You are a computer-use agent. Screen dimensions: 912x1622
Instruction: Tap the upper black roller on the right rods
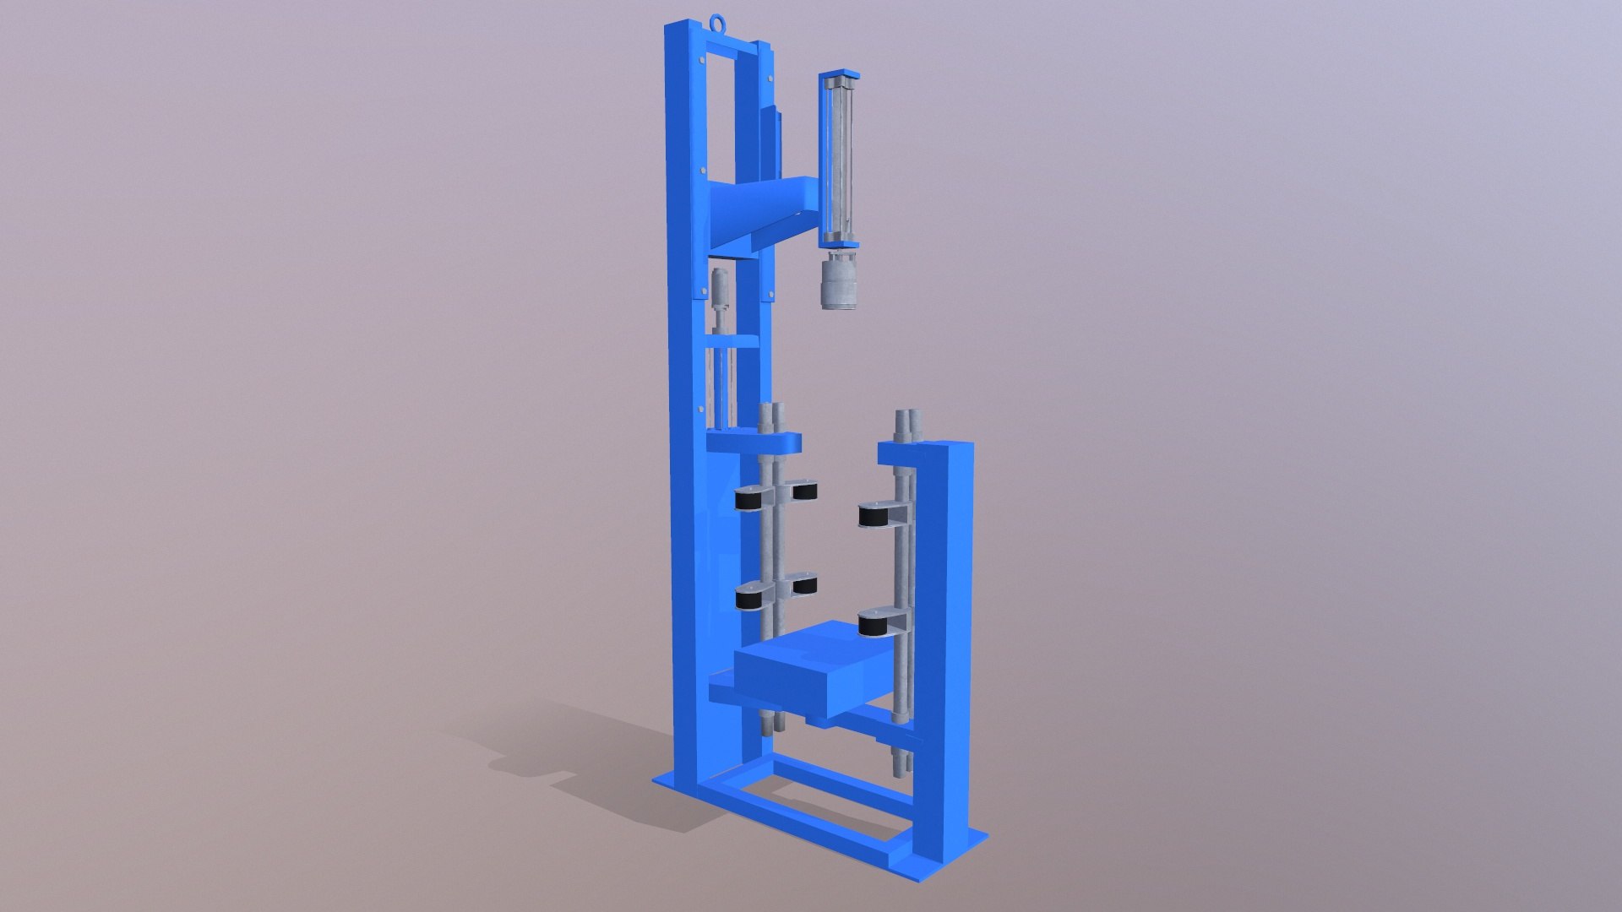[874, 515]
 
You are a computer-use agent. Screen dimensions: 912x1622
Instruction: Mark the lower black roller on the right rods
[874, 623]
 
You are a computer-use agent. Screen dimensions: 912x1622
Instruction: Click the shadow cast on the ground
[583, 760]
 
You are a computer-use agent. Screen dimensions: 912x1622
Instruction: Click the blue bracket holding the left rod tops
[754, 442]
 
